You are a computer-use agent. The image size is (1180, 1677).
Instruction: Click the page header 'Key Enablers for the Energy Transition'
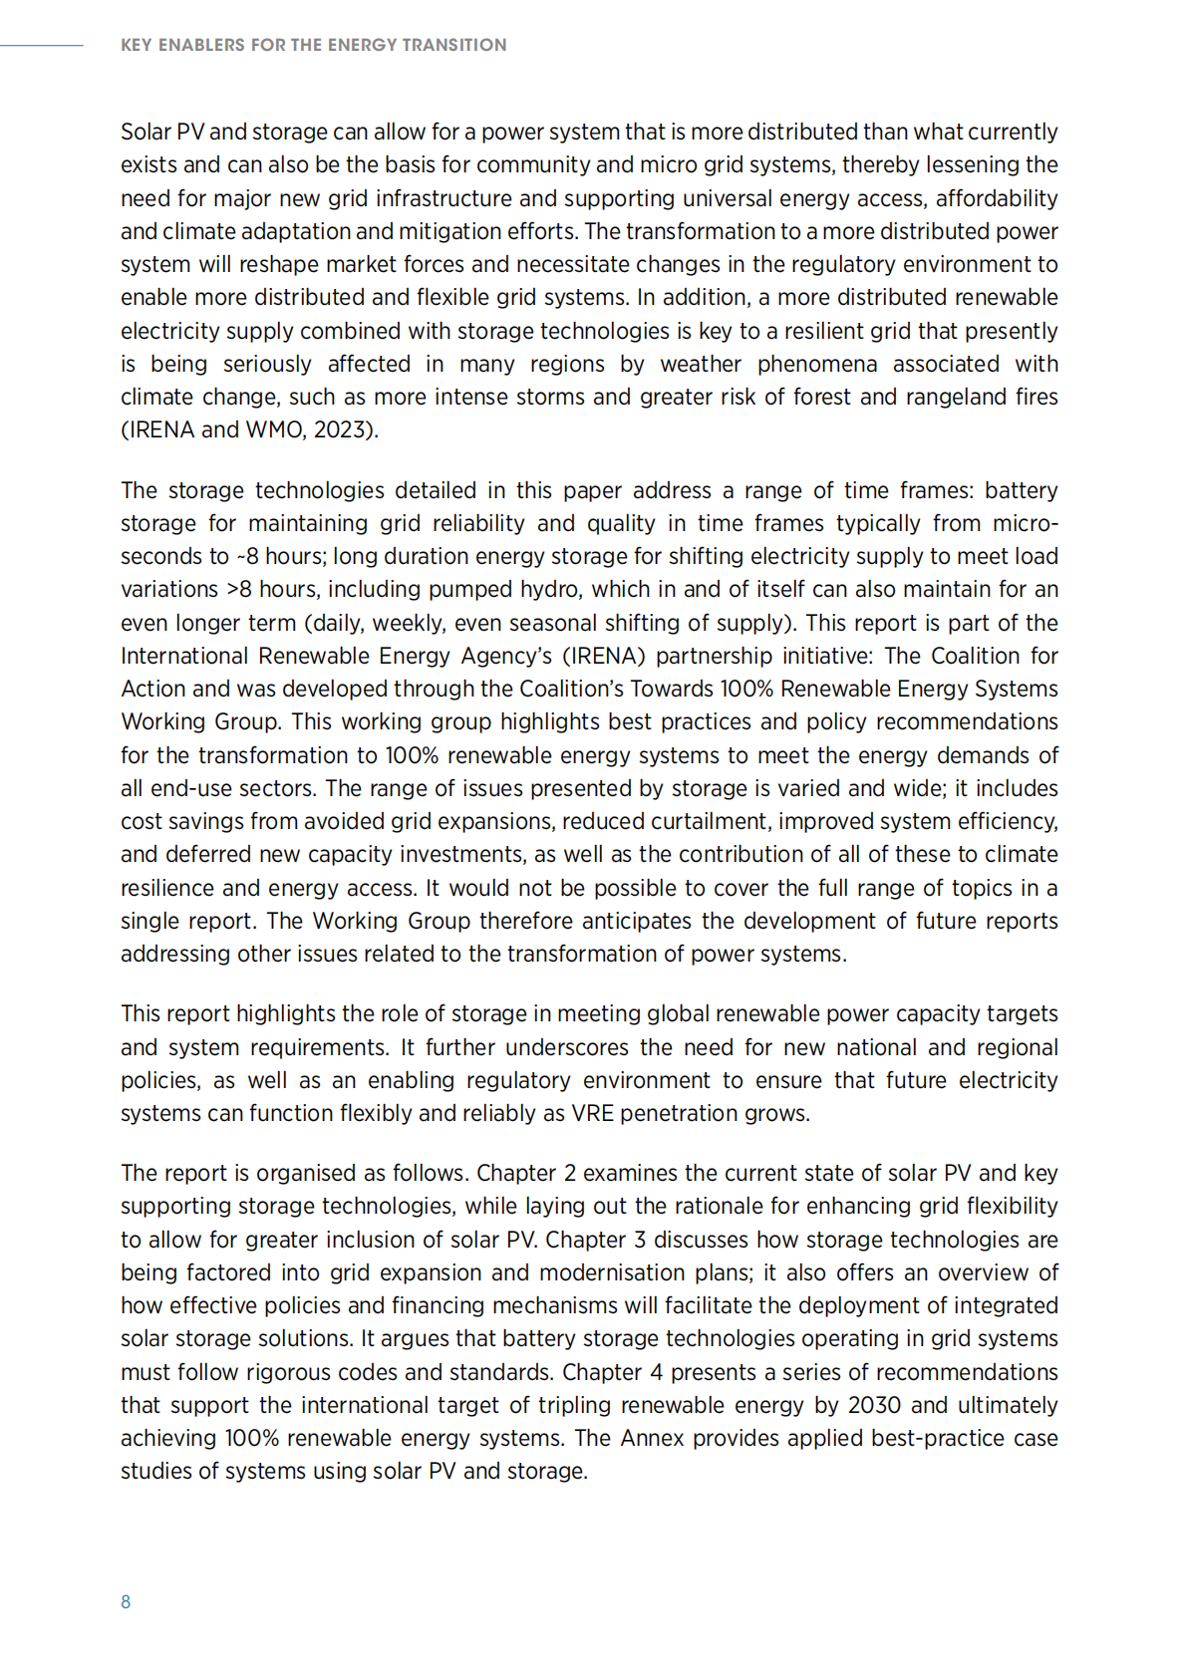tap(313, 45)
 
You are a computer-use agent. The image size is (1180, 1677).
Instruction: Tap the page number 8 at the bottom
tap(126, 1601)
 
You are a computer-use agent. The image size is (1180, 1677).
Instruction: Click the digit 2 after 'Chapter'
tap(570, 1173)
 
